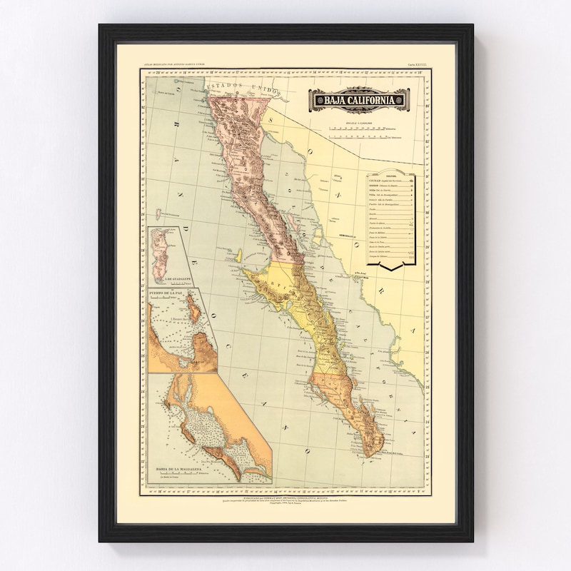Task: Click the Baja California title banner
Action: [358, 99]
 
